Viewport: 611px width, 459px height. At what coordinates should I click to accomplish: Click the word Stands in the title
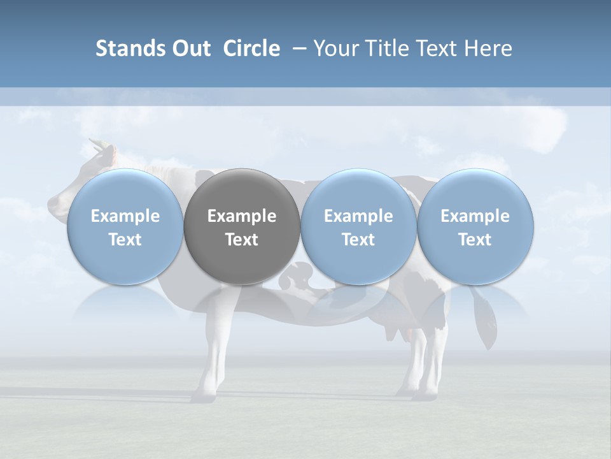(x=127, y=48)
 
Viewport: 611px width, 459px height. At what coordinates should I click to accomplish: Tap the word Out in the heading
(x=189, y=48)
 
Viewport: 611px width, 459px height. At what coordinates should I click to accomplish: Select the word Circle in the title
(x=251, y=48)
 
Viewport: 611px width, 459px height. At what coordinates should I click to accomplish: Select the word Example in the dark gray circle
(x=242, y=216)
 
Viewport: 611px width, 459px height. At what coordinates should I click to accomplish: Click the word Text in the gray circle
(x=242, y=240)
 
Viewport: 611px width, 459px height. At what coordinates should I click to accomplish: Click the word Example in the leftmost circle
(x=125, y=216)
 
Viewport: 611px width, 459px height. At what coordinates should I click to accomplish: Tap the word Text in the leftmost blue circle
(x=125, y=240)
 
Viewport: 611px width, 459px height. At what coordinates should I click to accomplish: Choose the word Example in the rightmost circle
(x=475, y=216)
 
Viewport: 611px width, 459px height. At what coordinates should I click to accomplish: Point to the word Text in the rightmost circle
(x=475, y=240)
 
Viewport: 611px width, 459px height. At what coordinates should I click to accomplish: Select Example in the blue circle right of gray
(x=358, y=216)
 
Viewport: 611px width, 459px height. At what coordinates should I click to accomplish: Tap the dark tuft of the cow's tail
(x=486, y=325)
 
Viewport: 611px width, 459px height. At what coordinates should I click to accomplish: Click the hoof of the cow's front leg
(x=200, y=397)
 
